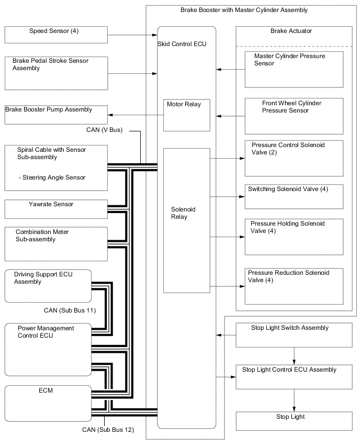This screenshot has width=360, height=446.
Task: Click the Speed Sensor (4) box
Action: pyautogui.click(x=56, y=35)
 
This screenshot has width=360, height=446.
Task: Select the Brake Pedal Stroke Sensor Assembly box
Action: pyautogui.click(x=56, y=73)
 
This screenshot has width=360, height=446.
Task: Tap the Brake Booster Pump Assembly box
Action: pyautogui.click(x=56, y=115)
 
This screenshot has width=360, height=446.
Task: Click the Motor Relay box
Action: pyautogui.click(x=187, y=115)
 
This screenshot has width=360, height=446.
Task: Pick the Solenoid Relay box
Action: pyautogui.click(x=187, y=220)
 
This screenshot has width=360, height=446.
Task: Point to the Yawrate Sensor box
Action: pyautogui.click(x=56, y=209)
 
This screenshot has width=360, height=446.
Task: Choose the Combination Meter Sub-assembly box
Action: pyautogui.click(x=56, y=243)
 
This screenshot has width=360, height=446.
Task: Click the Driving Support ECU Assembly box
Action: pyautogui.click(x=48, y=286)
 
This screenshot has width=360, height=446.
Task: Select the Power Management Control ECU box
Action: pyautogui.click(x=48, y=349)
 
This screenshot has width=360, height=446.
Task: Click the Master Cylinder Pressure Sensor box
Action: pyautogui.click(x=294, y=69)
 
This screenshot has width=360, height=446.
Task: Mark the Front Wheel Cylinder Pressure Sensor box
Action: pyautogui.click(x=294, y=116)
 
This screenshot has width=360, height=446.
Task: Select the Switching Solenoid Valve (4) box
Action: pyautogui.click(x=294, y=196)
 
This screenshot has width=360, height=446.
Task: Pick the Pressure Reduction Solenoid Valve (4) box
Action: pyautogui.click(x=294, y=286)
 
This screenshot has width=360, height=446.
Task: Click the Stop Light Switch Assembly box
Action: pyautogui.click(x=294, y=335)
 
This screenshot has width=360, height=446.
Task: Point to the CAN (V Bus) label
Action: pyautogui.click(x=104, y=130)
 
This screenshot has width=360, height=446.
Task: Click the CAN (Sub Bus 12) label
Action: pyautogui.click(x=108, y=430)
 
